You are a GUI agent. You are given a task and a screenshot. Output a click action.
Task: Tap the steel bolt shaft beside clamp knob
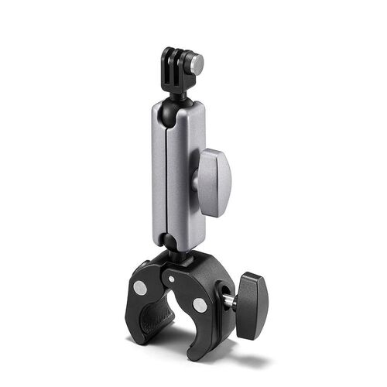tap(230, 300)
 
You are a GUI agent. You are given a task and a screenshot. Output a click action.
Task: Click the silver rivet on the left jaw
tap(140, 287)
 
